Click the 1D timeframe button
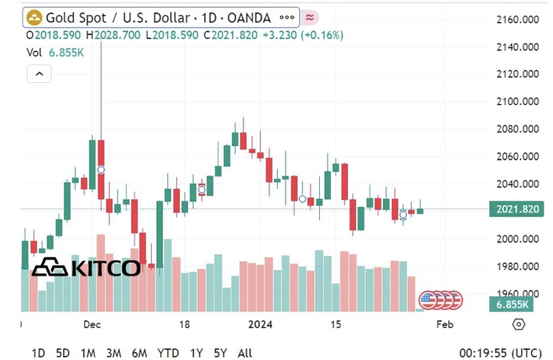coord(39,353)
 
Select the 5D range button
coord(63,353)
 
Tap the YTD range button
coord(168,353)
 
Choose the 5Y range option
coord(220,353)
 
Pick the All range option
coord(245,353)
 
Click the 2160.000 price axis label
coord(516,19)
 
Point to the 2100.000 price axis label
coord(516,101)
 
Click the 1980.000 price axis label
coord(516,266)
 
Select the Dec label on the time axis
coord(91,325)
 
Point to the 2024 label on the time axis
coord(260,325)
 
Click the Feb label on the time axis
coord(445,325)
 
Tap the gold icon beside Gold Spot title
coord(34,18)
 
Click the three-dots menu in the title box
coord(287,18)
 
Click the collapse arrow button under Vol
coord(39,73)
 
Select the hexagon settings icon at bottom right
coord(518,325)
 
